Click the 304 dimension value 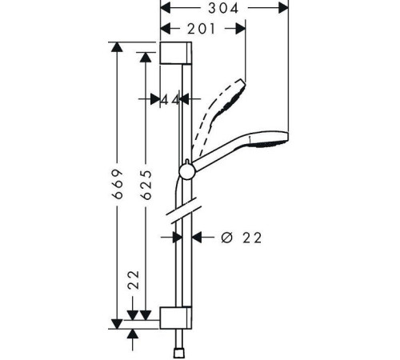223,8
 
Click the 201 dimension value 201,29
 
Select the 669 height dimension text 118,184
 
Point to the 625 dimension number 146,184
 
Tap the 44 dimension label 170,100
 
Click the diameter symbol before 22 227,237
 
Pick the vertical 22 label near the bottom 134,280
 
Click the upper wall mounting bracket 176,53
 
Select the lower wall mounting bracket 176,318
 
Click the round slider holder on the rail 187,171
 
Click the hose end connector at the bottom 178,353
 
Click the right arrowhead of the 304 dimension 283,8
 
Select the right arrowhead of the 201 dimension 241,29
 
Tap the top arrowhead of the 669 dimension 117,46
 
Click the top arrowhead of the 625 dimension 146,57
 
